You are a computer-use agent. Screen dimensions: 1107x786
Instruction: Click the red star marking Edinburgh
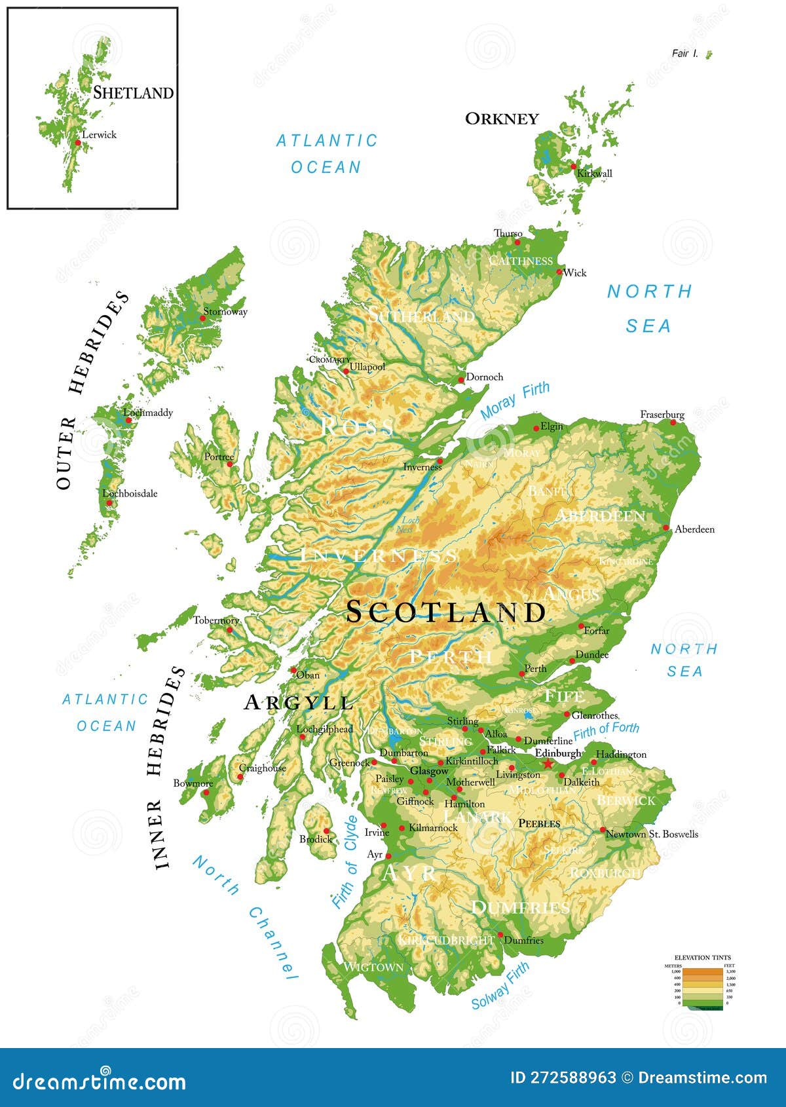click(x=548, y=764)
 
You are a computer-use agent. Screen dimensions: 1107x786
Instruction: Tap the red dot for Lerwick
click(x=78, y=142)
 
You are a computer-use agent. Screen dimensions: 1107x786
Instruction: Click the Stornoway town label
click(x=225, y=312)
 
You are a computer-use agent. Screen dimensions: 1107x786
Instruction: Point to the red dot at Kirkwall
click(x=573, y=166)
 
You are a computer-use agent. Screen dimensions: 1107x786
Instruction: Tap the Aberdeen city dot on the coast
click(x=666, y=527)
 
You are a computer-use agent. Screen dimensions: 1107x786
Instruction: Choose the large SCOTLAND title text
click(x=445, y=612)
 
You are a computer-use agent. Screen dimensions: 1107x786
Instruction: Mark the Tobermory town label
click(x=216, y=620)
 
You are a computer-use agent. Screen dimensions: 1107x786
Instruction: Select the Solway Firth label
click(x=500, y=986)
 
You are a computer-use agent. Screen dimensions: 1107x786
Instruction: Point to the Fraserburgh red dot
click(x=673, y=422)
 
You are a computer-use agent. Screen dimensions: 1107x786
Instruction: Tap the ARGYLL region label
click(x=299, y=703)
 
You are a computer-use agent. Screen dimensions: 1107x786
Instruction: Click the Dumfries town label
click(x=524, y=940)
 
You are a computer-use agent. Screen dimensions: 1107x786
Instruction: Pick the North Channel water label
click(x=246, y=918)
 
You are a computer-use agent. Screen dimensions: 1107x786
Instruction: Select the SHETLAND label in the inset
click(x=133, y=92)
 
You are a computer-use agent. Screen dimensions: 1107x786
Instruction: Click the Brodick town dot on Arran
click(x=326, y=831)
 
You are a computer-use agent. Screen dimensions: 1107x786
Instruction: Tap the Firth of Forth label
click(x=606, y=729)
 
